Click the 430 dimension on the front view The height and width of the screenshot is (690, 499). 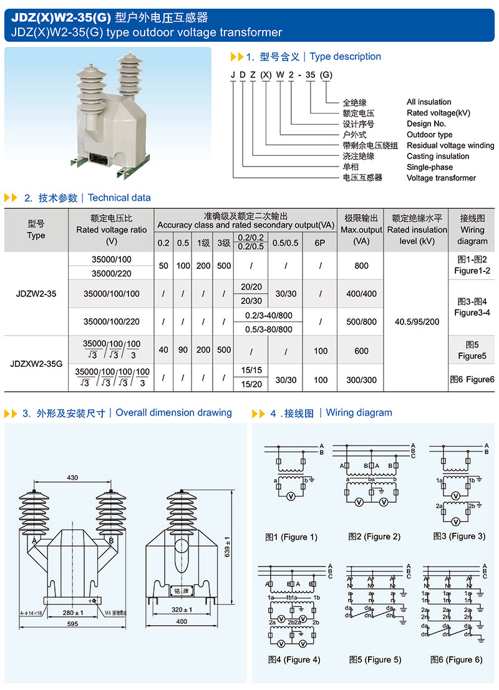point(72,477)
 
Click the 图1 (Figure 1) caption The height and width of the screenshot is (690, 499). point(291,537)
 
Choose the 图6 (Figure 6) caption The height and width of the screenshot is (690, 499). point(456,659)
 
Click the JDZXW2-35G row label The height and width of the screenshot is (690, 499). point(36,362)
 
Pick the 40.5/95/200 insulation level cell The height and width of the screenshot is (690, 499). point(417,322)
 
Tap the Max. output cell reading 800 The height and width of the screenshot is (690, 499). point(361,266)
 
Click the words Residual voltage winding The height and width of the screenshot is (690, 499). point(450,145)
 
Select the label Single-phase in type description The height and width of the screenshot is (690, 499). point(430,167)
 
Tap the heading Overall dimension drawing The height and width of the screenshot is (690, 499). point(173,412)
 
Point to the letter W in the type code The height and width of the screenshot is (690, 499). point(281,75)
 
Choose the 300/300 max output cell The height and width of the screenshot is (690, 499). point(361,380)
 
